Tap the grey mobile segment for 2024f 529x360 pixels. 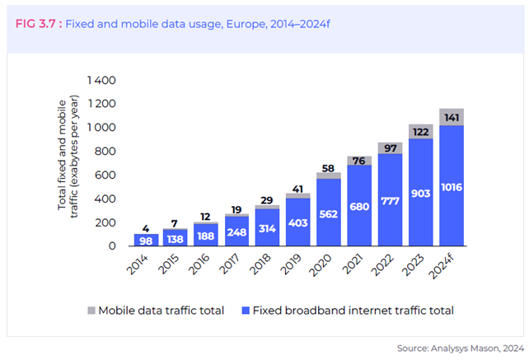[452, 117]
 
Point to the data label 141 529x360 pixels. [452, 96]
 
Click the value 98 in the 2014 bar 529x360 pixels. [145, 241]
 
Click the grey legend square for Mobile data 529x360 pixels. [92, 311]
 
